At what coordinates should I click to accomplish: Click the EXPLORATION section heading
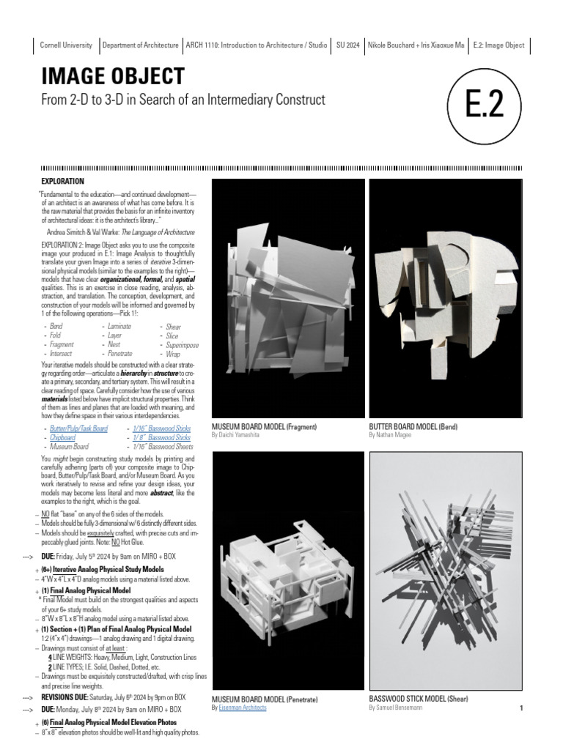point(62,181)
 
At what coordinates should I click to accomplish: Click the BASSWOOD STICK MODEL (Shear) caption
point(419,699)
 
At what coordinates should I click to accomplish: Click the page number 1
point(520,708)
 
